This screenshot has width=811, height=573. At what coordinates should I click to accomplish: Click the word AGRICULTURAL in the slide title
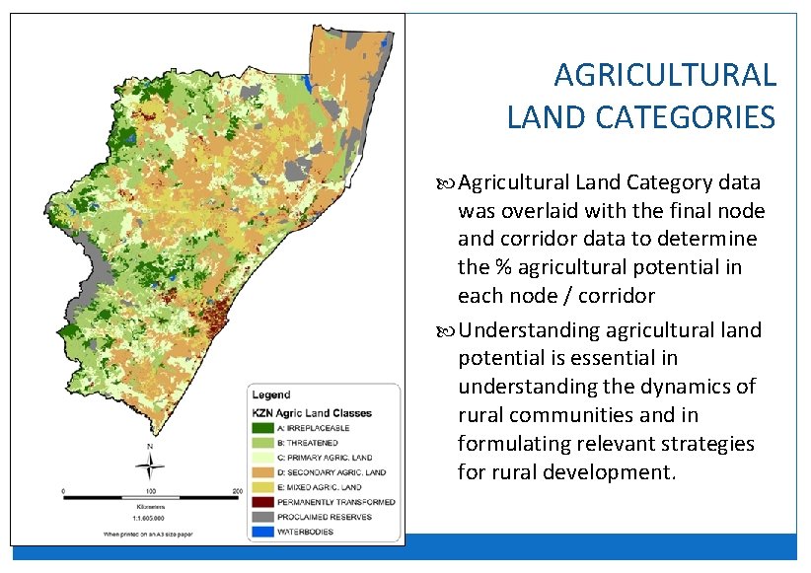[x=665, y=75]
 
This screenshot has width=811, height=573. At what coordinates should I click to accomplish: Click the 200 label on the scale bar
[x=238, y=490]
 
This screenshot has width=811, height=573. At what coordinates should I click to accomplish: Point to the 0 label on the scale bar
[x=63, y=490]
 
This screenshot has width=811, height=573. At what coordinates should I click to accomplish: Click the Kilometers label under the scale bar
[x=150, y=508]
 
